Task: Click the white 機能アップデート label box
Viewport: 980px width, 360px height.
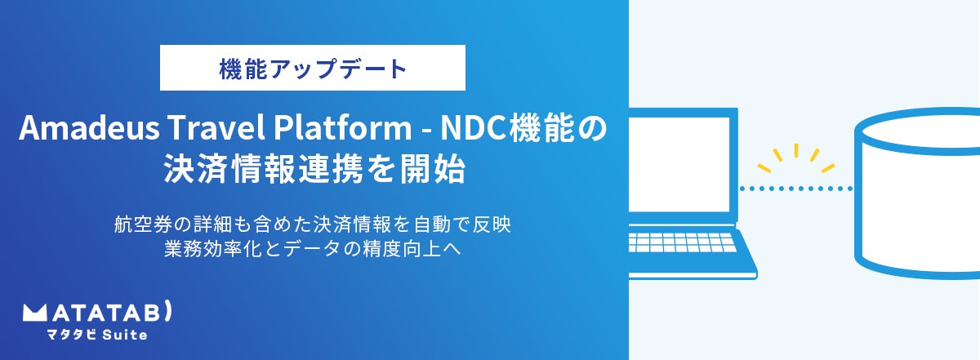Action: (313, 68)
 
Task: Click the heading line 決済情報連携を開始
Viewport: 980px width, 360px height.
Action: (314, 171)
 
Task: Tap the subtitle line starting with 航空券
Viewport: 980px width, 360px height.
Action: (313, 223)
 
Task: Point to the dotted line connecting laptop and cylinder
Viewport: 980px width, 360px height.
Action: (795, 189)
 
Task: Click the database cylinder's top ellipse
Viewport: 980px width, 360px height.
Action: (919, 130)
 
